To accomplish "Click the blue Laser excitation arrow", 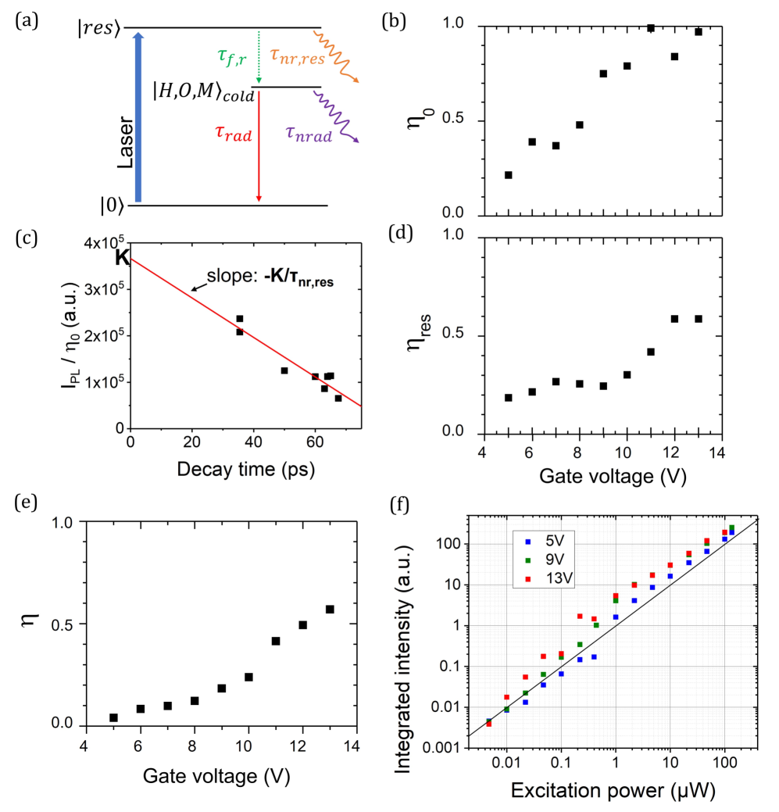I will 138,117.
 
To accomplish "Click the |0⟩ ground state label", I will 110,206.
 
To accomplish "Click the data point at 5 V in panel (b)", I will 509,175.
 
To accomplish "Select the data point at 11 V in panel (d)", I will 650,352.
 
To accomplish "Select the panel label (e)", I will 25,500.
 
